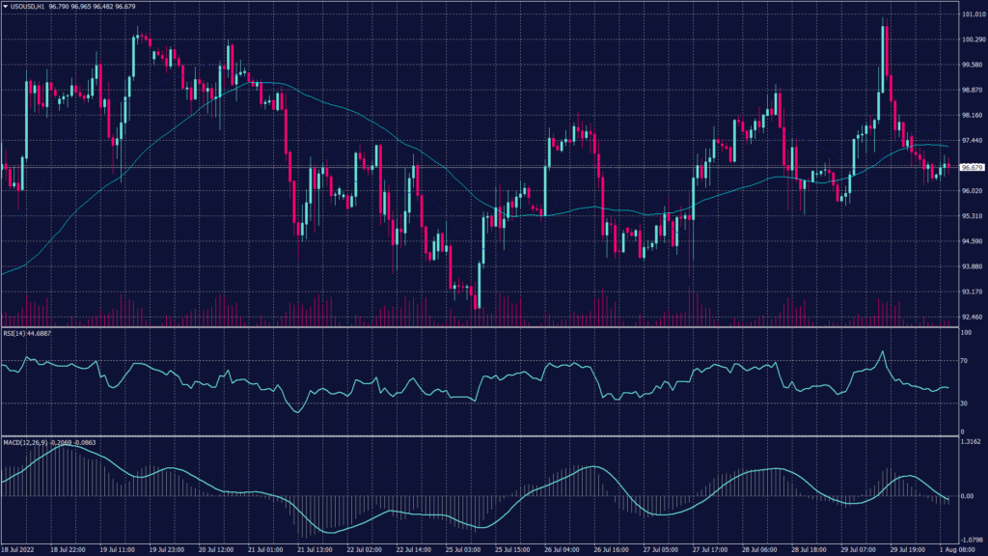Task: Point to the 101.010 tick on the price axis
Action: [x=972, y=15]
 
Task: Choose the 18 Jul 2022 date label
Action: [x=21, y=550]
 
